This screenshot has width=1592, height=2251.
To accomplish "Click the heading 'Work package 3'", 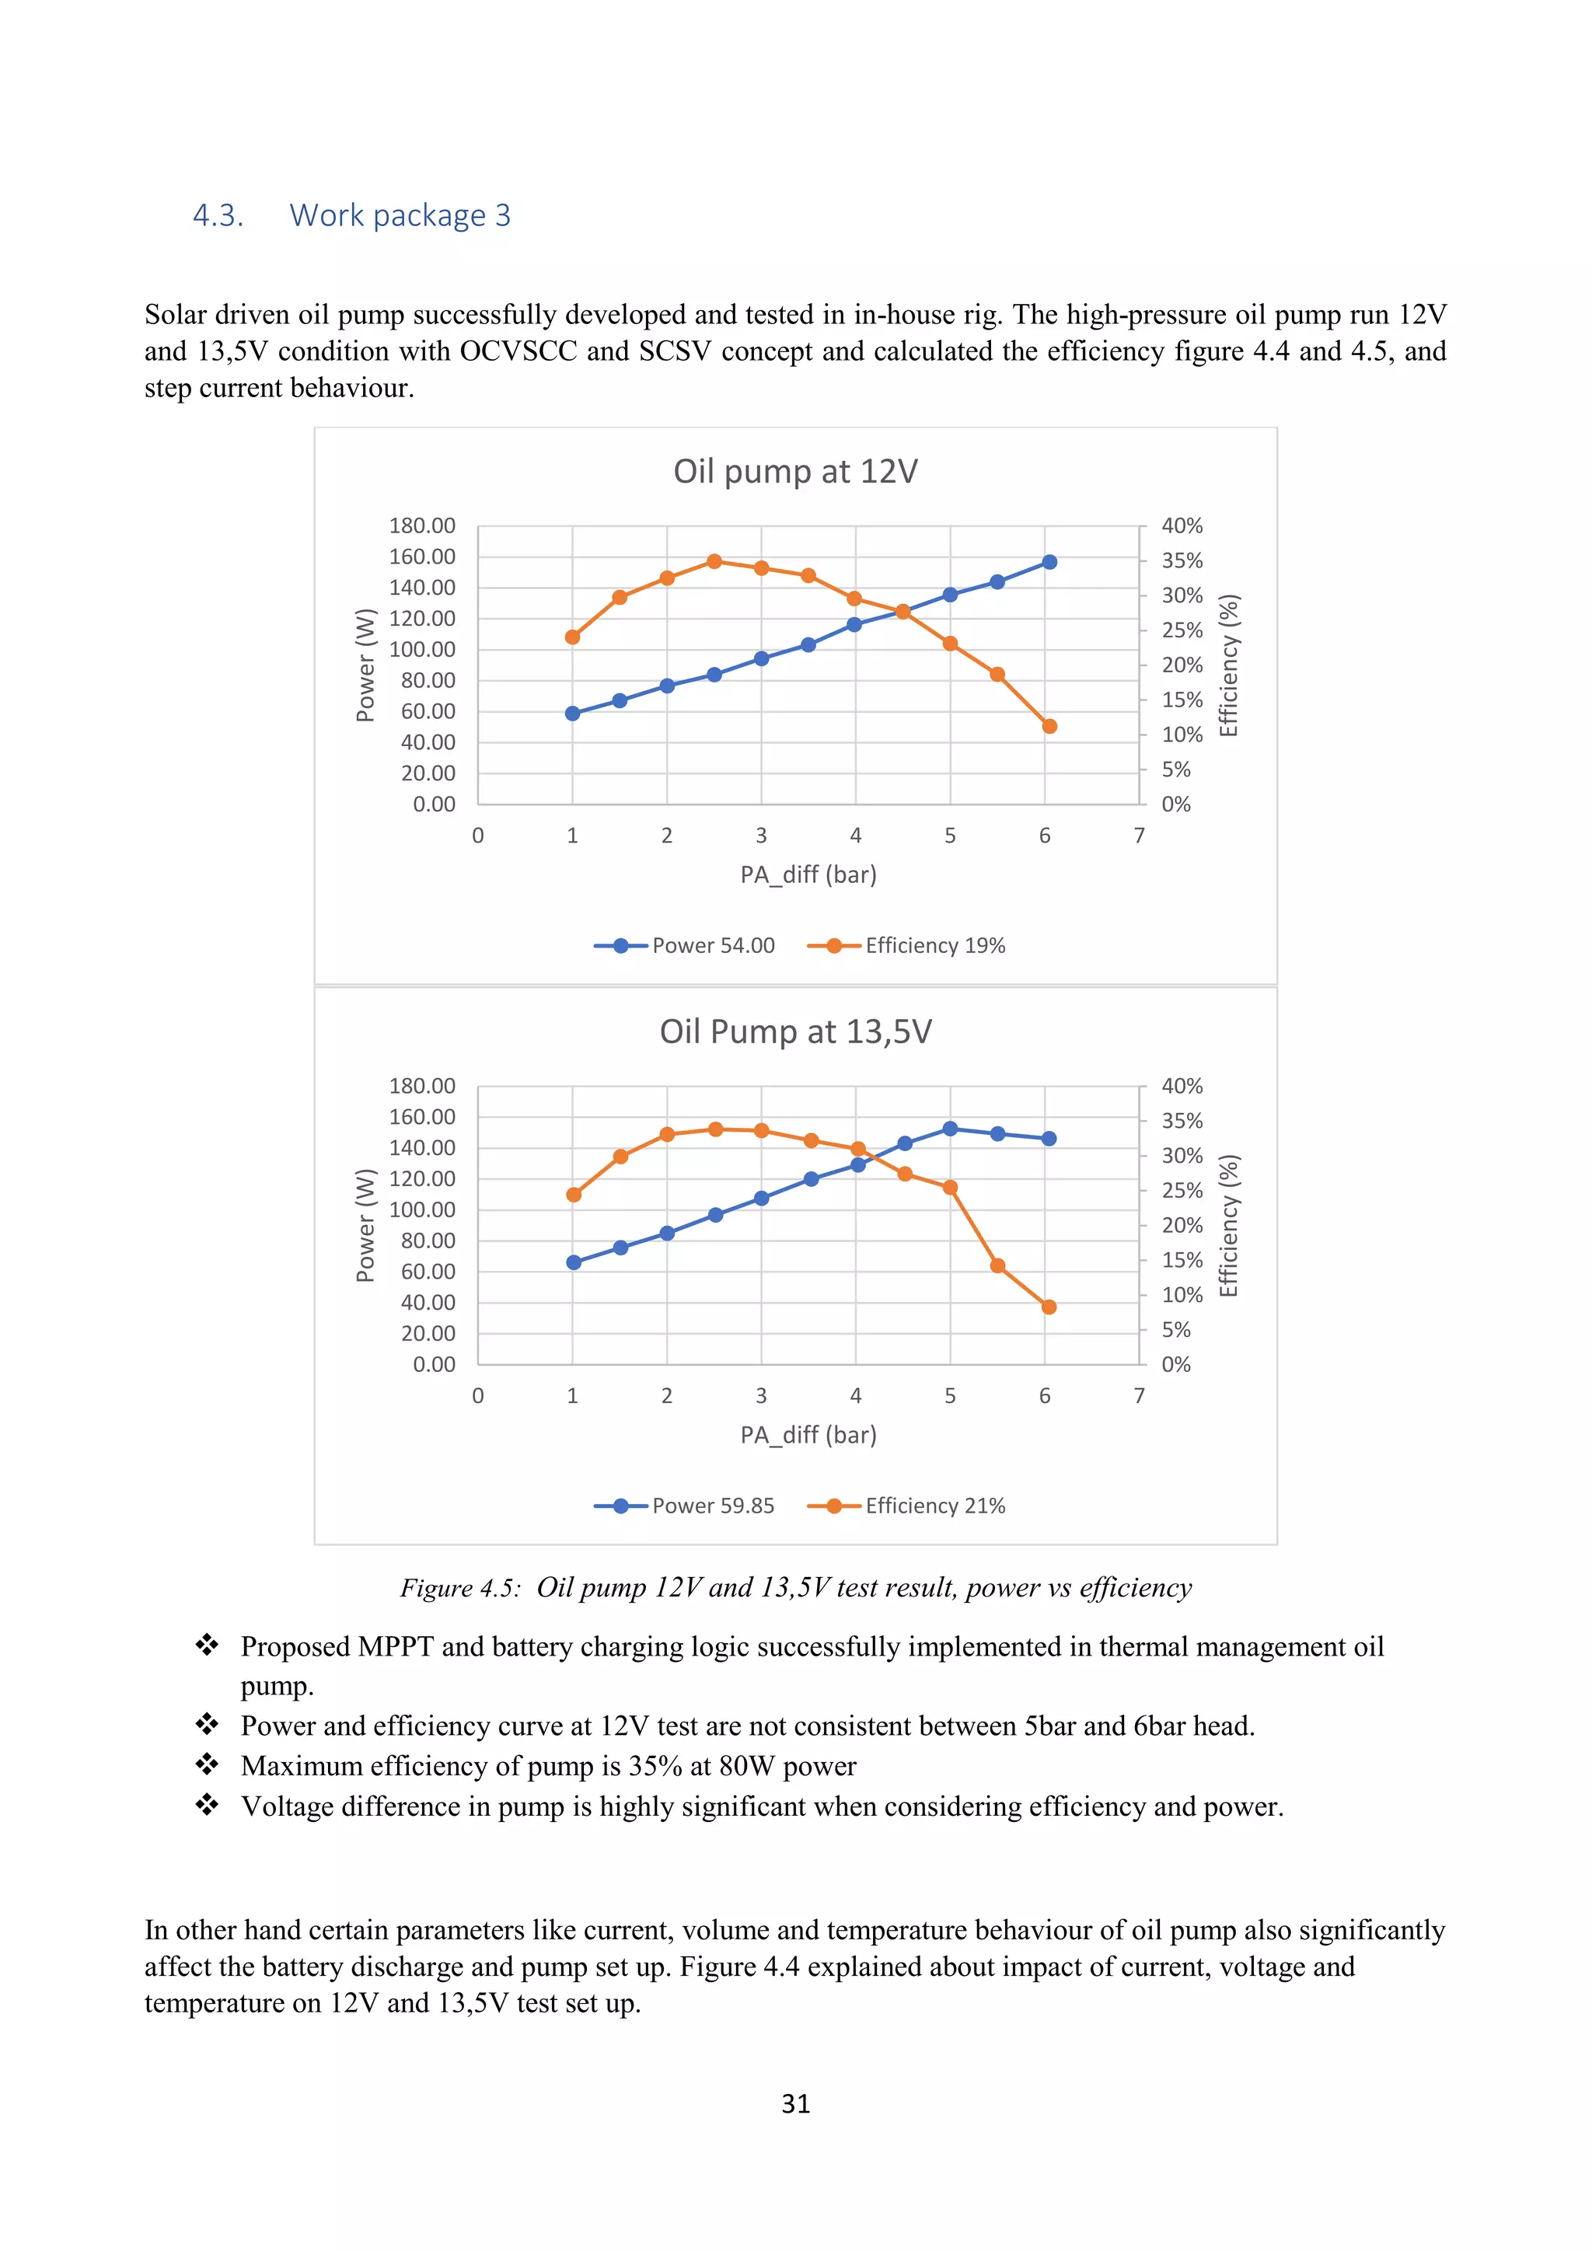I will [x=400, y=215].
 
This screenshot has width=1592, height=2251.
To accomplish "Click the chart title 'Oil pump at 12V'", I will [x=795, y=472].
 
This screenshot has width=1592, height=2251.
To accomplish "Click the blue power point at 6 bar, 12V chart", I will [x=1049, y=562].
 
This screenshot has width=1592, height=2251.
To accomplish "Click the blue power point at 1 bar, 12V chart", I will [x=572, y=714].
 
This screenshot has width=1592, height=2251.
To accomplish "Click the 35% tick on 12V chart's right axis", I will [x=1182, y=560].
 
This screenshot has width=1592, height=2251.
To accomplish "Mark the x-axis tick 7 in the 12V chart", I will [x=1139, y=836].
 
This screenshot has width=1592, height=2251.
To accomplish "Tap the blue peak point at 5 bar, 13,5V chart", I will [x=950, y=1129].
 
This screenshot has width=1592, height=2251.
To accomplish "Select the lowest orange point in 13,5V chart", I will [x=1049, y=1307].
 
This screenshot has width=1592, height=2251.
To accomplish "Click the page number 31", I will [x=795, y=2104].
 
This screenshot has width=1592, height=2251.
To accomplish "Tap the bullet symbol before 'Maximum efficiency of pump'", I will [x=207, y=1764].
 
